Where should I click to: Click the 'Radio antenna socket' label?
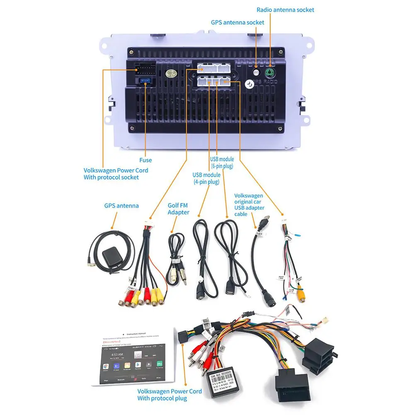point(285,10)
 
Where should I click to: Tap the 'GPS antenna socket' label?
point(238,22)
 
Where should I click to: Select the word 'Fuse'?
point(146,160)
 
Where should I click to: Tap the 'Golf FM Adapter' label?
point(178,209)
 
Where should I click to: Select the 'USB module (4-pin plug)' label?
point(206,178)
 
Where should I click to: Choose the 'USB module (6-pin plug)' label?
point(222,163)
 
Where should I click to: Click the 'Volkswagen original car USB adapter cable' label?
point(249,205)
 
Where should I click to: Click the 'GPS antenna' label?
point(121,205)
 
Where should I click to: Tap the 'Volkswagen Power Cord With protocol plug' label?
point(170,395)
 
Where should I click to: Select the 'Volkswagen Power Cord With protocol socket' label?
point(116,173)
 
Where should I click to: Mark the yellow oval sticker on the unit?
point(170,73)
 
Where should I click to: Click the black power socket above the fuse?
point(144,68)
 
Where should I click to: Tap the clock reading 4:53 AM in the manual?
point(118,354)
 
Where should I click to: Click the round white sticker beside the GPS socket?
point(249,83)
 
